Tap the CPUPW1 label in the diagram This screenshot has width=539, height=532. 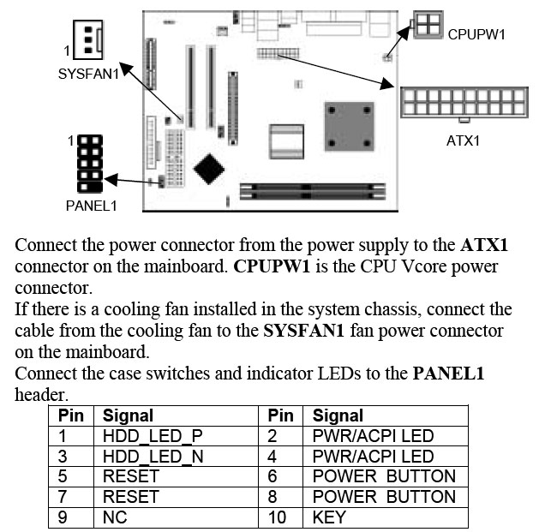(477, 35)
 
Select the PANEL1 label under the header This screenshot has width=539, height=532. (91, 206)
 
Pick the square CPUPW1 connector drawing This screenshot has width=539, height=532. (428, 26)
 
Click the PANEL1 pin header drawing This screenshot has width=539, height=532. (89, 163)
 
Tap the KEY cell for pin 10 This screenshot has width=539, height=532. (329, 517)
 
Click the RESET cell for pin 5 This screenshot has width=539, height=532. (130, 476)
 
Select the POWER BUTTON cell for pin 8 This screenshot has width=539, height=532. (384, 496)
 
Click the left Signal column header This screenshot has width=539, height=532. (128, 415)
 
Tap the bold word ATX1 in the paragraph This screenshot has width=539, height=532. (484, 245)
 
